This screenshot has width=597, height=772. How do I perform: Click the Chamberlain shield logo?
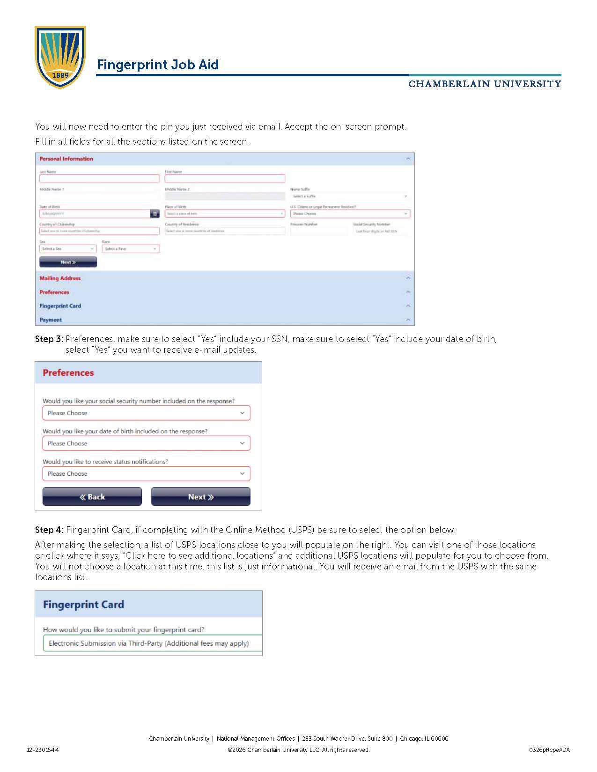point(60,57)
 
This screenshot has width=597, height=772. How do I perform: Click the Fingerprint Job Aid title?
point(157,65)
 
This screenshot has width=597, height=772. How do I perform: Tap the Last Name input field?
point(99,179)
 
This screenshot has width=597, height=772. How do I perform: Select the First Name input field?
point(225,179)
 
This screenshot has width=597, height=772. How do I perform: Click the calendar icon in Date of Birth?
point(155,214)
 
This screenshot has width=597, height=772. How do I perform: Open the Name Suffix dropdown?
point(350,197)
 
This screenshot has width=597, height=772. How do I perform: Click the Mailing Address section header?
point(60,278)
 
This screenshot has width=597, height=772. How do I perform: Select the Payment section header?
point(51,320)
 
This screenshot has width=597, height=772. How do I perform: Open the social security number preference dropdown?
point(146,413)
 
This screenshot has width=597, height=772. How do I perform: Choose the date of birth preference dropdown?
point(146,444)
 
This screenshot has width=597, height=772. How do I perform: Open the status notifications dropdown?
point(146,474)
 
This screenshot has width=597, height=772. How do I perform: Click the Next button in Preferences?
point(200,497)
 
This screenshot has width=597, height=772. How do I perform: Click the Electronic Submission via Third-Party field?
point(149,643)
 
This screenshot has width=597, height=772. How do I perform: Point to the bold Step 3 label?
point(49,339)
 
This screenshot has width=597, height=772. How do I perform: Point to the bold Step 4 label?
point(49,530)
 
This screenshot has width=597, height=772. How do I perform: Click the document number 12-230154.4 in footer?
point(43,750)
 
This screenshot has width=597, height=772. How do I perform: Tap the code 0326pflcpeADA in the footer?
point(549,750)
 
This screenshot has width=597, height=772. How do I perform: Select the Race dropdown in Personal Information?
point(131,249)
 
